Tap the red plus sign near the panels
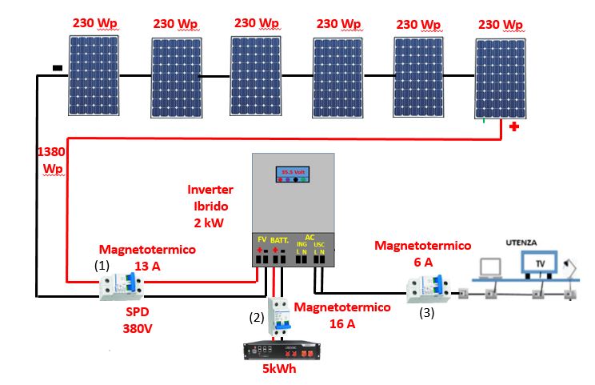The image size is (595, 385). point(513,126)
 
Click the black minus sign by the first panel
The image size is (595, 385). point(57,69)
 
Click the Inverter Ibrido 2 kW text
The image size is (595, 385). point(210,205)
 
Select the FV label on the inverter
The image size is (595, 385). point(261,239)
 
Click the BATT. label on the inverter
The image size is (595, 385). point(280,239)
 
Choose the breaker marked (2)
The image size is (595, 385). point(280,315)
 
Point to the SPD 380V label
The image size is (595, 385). point(137,320)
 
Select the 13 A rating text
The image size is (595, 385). point(146,266)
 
